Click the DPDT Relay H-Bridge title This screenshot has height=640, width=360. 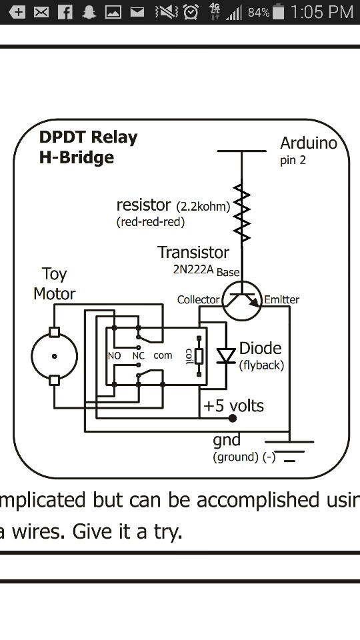coord(88,147)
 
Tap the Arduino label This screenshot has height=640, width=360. coord(308,143)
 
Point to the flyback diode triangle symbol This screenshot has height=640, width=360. coord(227,355)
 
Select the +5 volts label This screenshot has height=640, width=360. coord(233,405)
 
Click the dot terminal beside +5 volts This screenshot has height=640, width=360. coord(232,419)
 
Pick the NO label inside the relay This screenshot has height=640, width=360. coord(114,356)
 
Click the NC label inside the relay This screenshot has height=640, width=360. coord(138,356)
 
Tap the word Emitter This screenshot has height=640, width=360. coord(281,300)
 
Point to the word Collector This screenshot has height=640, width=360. coord(198,300)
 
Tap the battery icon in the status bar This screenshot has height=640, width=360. coord(279,11)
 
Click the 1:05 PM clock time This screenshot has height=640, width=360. coord(322,11)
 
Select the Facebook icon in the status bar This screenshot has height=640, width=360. coord(65,11)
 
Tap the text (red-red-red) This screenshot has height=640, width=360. coord(150,221)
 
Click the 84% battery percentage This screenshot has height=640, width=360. coord(258,12)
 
